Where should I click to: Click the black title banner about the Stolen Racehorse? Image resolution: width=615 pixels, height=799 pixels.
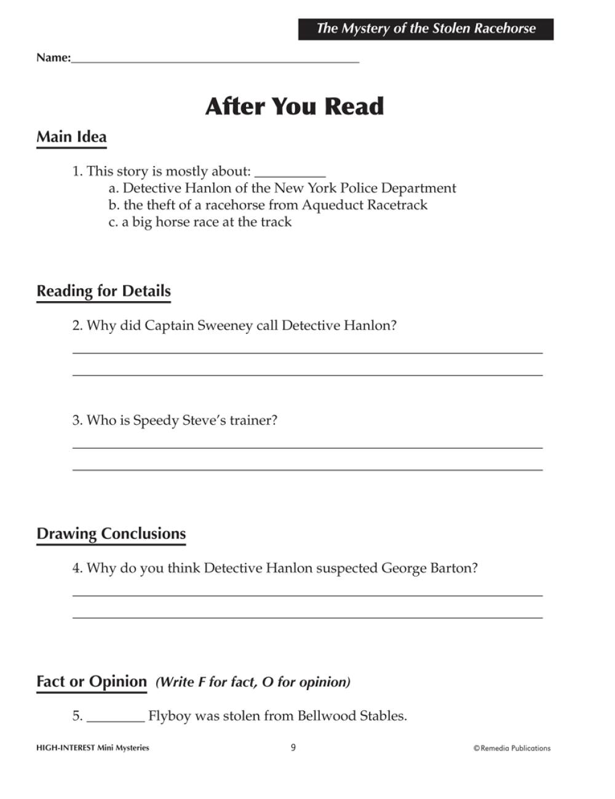coord(426,29)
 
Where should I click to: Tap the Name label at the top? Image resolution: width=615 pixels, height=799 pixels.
coord(53,58)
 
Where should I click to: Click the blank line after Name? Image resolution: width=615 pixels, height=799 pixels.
coord(215,60)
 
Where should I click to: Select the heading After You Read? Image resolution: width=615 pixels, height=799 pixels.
coord(295,106)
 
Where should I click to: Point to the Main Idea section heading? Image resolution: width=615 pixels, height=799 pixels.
coord(71,137)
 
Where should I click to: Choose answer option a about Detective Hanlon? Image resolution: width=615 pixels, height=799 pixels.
coord(282,188)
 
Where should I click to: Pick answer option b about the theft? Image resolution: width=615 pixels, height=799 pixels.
coord(268,205)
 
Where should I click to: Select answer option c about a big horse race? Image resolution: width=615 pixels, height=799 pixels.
coord(200,222)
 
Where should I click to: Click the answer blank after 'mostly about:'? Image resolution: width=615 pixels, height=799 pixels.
coord(290,173)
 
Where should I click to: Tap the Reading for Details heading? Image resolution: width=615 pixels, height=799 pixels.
coord(103,291)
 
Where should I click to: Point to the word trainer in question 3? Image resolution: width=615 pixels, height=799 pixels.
coord(253,420)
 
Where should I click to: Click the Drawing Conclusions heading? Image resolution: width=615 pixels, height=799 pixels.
coord(111,533)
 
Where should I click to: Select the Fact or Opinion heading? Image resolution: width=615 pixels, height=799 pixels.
coord(92,682)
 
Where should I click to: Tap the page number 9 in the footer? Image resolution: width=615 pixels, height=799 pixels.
coord(293,747)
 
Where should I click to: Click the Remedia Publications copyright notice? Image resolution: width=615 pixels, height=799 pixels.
coord(512,748)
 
